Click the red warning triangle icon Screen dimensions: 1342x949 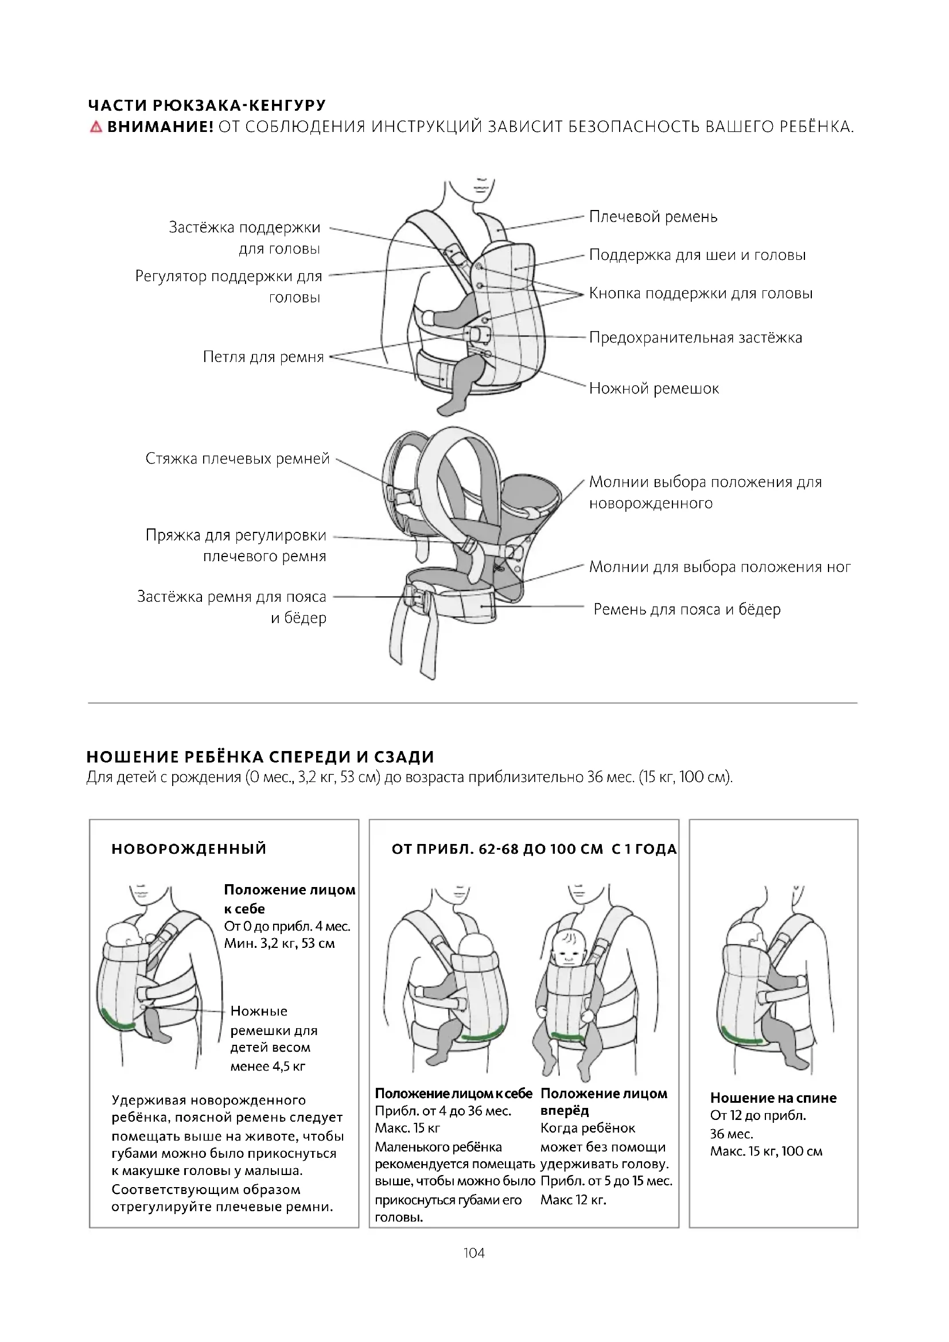(x=96, y=127)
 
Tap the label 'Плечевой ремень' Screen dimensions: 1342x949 (x=653, y=217)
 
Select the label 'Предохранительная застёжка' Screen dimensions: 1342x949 (x=695, y=338)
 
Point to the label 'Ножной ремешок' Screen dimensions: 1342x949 (x=654, y=388)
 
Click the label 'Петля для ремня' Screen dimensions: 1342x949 (x=263, y=357)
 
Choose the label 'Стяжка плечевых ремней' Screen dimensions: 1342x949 (x=238, y=459)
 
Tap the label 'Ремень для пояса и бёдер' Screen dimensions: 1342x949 (x=687, y=610)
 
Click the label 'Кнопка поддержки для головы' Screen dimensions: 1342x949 (x=701, y=293)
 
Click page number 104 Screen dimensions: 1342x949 (x=474, y=1252)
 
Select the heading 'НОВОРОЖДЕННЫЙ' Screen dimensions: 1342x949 (x=189, y=849)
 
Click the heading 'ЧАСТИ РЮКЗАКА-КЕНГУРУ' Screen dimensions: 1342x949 (x=207, y=106)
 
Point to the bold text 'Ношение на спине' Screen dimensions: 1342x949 (x=773, y=1098)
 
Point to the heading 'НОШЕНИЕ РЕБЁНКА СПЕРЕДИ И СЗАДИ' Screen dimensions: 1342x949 (x=260, y=757)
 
